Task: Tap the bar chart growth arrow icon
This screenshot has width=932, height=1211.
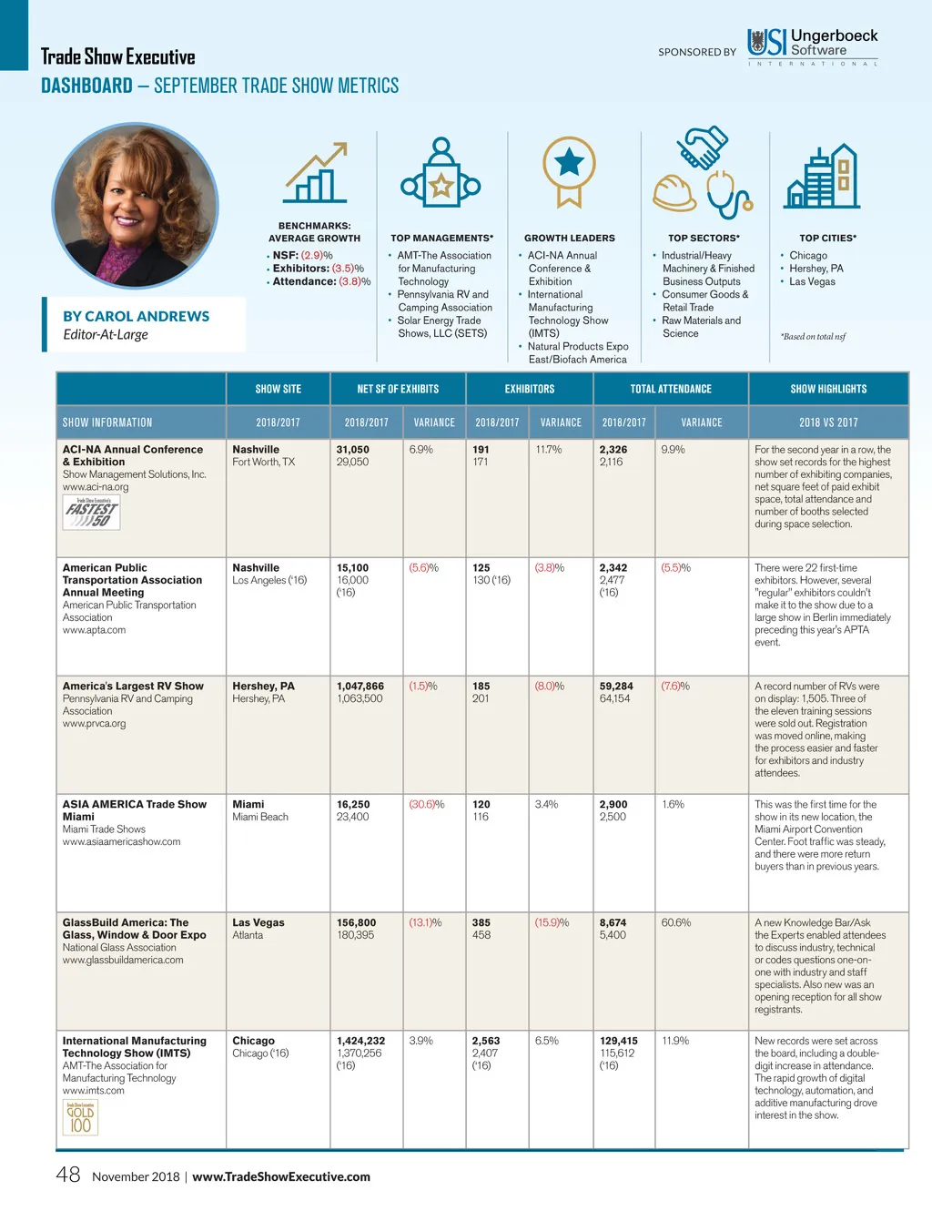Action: (x=315, y=173)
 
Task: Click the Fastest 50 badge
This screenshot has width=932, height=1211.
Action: (x=91, y=514)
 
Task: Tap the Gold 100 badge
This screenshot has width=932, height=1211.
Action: (x=80, y=1117)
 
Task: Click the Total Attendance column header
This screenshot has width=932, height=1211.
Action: (x=671, y=389)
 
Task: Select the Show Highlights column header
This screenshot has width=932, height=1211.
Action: (x=828, y=389)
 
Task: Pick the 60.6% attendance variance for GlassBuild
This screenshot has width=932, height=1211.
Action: (x=675, y=922)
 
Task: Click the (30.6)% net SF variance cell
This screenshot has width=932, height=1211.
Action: (x=427, y=804)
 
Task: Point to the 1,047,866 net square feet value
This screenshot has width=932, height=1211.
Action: (x=360, y=686)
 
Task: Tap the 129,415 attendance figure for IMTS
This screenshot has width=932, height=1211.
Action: (x=619, y=1041)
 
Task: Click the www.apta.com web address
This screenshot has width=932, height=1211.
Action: (x=94, y=630)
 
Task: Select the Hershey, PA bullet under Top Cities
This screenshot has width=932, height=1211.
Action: (x=816, y=269)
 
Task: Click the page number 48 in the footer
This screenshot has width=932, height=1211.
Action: (x=68, y=1175)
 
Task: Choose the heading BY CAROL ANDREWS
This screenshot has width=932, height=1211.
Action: (x=136, y=316)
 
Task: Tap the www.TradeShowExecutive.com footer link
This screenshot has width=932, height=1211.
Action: (x=281, y=1176)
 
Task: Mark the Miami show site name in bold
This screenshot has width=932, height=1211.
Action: (x=248, y=804)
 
